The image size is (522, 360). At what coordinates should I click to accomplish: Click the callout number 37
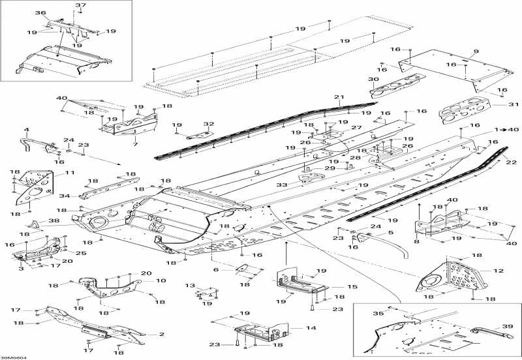click(80, 5)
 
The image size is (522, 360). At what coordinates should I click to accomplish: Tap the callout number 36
click(40, 13)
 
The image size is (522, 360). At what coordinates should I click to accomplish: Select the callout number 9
click(476, 52)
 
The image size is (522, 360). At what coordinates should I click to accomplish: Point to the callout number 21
click(339, 97)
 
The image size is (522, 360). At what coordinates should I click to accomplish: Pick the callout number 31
click(514, 104)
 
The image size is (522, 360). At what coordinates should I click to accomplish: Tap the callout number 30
click(373, 79)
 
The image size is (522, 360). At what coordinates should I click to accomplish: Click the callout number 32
click(209, 124)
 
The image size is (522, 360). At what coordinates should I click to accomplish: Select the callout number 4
click(27, 129)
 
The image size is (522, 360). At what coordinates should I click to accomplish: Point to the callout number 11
click(70, 173)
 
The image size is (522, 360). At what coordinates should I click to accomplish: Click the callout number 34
click(65, 196)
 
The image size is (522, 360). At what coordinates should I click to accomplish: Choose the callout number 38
click(54, 220)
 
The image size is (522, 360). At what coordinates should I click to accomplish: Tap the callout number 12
click(499, 271)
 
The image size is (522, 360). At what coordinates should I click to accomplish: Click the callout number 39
click(508, 326)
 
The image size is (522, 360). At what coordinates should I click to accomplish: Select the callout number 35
click(378, 313)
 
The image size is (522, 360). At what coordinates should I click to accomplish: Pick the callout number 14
click(311, 328)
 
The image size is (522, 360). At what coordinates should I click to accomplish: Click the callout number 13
click(190, 286)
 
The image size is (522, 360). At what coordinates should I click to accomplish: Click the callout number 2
click(162, 334)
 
